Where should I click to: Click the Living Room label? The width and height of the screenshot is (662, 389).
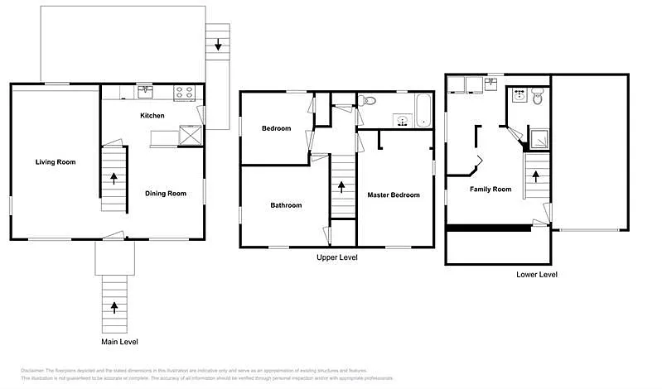pyautogui.click(x=56, y=162)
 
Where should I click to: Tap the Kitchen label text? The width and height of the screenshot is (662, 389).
pyautogui.click(x=152, y=116)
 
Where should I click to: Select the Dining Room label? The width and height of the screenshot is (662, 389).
pyautogui.click(x=166, y=194)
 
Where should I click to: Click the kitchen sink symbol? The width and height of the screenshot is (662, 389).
pyautogui.click(x=146, y=90)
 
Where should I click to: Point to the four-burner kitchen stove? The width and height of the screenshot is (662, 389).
pyautogui.click(x=184, y=91)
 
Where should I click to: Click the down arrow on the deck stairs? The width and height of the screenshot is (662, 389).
pyautogui.click(x=218, y=45)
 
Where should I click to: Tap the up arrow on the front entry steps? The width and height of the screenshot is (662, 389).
pyautogui.click(x=114, y=307)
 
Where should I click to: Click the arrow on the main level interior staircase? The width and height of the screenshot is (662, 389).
pyautogui.click(x=114, y=176)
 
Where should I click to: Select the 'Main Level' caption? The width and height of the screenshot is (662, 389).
pyautogui.click(x=114, y=342)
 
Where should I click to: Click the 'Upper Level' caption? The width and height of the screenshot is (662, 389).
pyautogui.click(x=337, y=257)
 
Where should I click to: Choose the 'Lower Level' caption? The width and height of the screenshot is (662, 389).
pyautogui.click(x=537, y=274)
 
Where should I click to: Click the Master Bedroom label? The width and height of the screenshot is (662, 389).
pyautogui.click(x=394, y=195)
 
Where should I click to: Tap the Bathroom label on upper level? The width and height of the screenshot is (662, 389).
pyautogui.click(x=286, y=205)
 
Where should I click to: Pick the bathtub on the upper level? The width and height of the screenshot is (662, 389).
pyautogui.click(x=423, y=112)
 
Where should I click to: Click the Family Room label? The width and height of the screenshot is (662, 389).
pyautogui.click(x=490, y=190)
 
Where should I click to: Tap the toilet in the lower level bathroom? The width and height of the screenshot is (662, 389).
pyautogui.click(x=538, y=98)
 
